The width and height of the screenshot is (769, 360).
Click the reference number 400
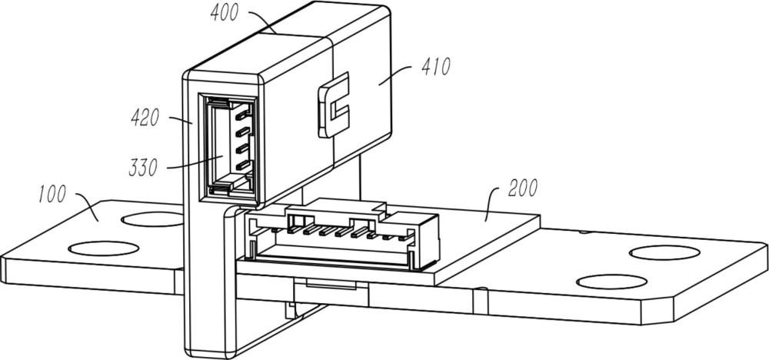pyautogui.click(x=225, y=13)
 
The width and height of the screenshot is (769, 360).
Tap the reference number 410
pyautogui.click(x=435, y=66)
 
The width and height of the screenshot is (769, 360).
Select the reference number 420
pyautogui.click(x=145, y=118)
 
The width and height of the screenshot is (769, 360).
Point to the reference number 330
pyautogui.click(x=143, y=168)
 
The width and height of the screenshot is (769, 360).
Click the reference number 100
pyautogui.click(x=52, y=194)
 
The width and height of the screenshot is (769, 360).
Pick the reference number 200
pyautogui.click(x=523, y=188)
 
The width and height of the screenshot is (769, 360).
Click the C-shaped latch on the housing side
pyautogui.click(x=334, y=105)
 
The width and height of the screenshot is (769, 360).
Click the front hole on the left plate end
pyautogui.click(x=104, y=248)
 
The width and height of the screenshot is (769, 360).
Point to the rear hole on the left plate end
pyautogui.click(x=152, y=219)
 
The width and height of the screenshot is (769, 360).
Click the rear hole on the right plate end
pyautogui.click(x=664, y=252)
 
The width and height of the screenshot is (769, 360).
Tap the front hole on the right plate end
pyautogui.click(x=611, y=282)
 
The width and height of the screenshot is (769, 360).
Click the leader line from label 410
pyautogui.click(x=398, y=75)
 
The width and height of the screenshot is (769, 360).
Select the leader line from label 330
pyautogui.click(x=195, y=162)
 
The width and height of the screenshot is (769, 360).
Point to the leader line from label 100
pyautogui.click(x=88, y=205)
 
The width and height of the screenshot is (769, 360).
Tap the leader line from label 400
pyautogui.click(x=262, y=22)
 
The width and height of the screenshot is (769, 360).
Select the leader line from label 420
pyautogui.click(x=181, y=120)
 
